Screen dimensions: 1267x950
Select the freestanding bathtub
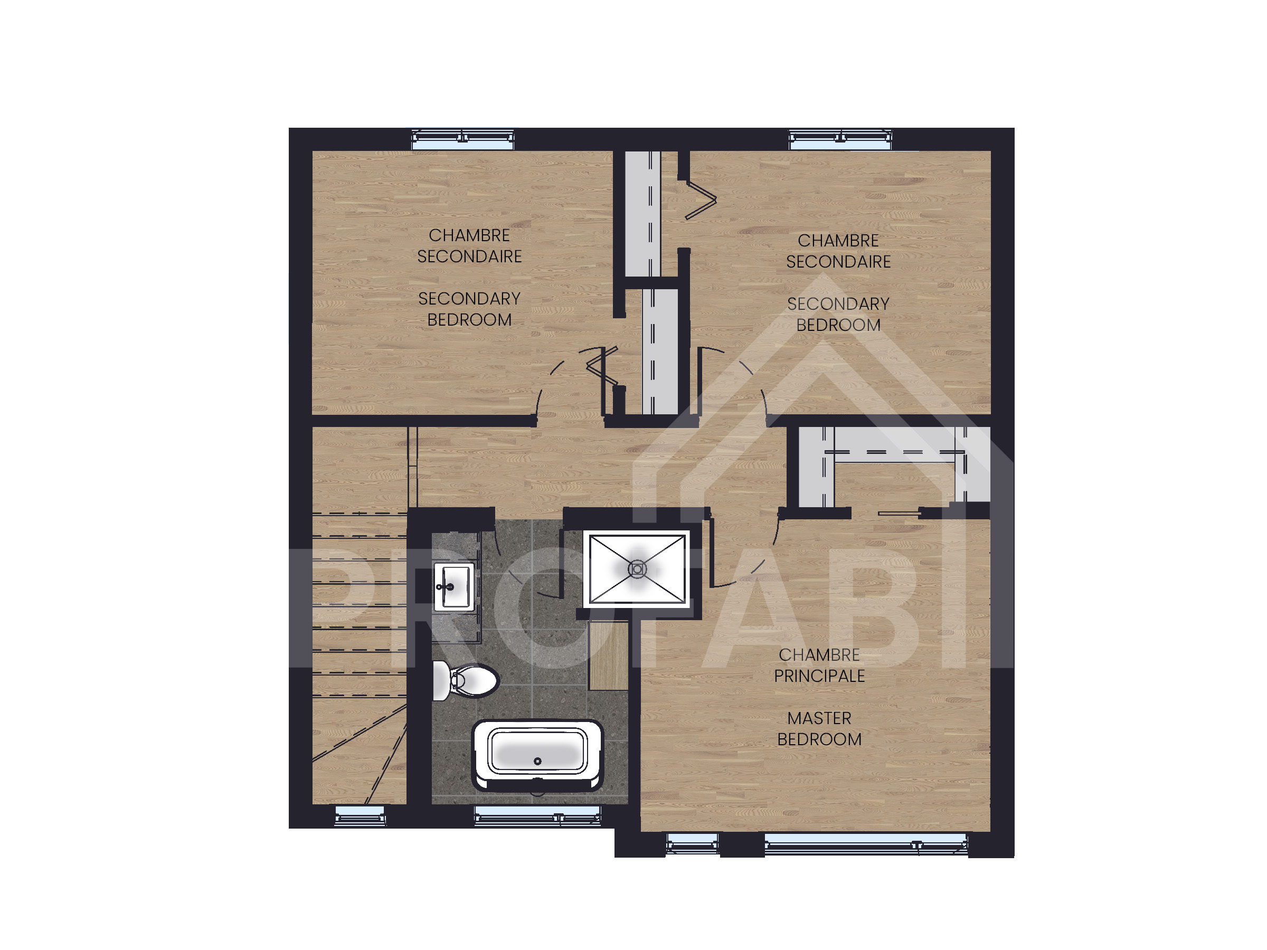click(537, 755)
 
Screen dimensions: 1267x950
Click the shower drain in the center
click(638, 569)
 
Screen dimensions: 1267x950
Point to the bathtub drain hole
click(537, 761)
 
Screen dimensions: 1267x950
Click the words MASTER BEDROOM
click(819, 728)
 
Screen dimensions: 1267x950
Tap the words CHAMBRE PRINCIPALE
click(819, 665)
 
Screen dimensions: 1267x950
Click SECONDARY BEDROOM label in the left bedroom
click(469, 309)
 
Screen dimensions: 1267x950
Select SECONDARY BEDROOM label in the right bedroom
click(838, 314)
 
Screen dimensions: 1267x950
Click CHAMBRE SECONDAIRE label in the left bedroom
click(469, 245)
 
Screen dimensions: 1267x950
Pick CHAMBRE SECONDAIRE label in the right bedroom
click(838, 251)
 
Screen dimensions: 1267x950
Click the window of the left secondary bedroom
click(463, 139)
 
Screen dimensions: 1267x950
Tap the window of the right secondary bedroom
click(840, 139)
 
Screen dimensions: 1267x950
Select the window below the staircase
click(360, 815)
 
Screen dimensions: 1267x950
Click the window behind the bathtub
click(537, 815)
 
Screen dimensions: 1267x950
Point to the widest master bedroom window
click(866, 844)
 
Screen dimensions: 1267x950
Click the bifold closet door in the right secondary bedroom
click(701, 200)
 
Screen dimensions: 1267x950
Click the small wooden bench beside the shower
click(608, 655)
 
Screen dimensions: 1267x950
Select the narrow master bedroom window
click(692, 844)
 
